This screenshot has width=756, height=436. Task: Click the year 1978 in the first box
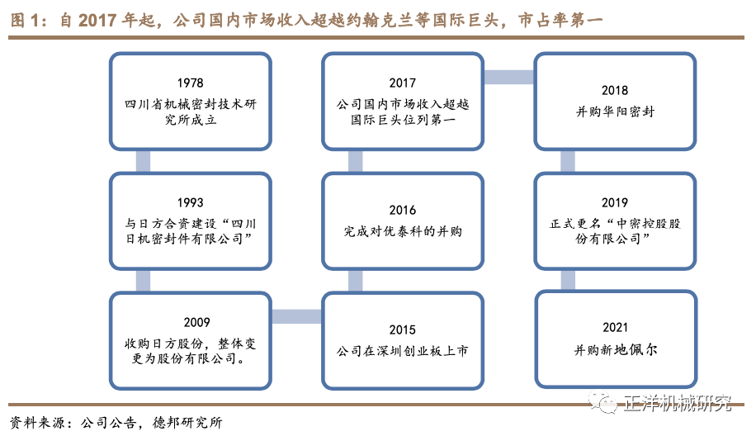[x=190, y=83]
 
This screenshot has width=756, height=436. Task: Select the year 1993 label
[x=190, y=202]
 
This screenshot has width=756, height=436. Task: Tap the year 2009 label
[x=190, y=322]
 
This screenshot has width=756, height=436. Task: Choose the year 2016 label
[x=403, y=211]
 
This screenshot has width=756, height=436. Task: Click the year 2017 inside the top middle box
[x=403, y=83]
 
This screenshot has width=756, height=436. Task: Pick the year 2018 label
[x=615, y=90]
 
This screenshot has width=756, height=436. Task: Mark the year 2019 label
[x=615, y=202]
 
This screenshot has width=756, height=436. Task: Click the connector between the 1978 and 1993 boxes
[x=144, y=161]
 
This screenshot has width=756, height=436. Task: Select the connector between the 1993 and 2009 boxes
[x=144, y=280]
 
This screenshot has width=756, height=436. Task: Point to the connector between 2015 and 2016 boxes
[x=356, y=280]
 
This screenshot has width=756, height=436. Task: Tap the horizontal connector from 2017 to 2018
[x=508, y=77]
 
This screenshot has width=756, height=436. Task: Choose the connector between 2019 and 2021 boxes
[x=568, y=280]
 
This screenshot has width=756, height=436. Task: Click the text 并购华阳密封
[x=615, y=111]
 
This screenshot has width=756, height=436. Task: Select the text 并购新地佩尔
[x=615, y=350]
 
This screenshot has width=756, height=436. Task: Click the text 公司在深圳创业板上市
[x=403, y=351]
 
